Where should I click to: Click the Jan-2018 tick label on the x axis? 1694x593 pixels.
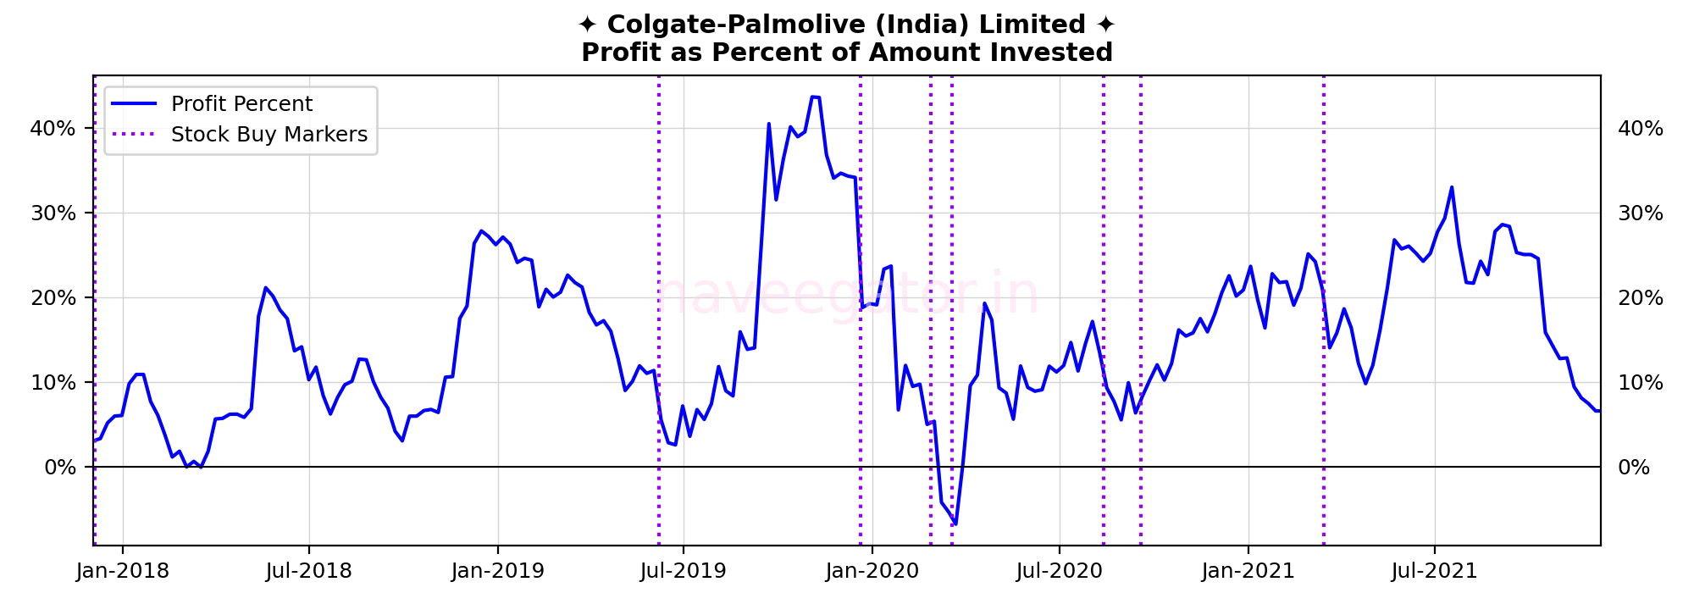click(x=122, y=571)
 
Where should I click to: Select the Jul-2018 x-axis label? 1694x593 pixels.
click(x=308, y=571)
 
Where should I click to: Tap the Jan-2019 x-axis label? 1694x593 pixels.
click(x=497, y=571)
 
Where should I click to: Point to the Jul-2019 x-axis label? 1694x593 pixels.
click(x=684, y=571)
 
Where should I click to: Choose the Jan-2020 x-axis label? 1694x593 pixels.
click(x=872, y=571)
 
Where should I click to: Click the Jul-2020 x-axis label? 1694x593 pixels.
click(x=1060, y=571)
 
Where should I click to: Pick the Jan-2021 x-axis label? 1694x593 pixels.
click(x=1248, y=571)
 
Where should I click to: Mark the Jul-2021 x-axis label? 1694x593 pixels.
click(x=1435, y=571)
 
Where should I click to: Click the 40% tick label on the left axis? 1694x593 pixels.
click(x=53, y=129)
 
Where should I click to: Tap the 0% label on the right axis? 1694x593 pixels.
click(x=1634, y=468)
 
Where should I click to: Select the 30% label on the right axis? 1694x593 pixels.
click(x=1641, y=213)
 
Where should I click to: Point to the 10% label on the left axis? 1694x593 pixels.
click(x=53, y=383)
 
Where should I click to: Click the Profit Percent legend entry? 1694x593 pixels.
click(x=241, y=104)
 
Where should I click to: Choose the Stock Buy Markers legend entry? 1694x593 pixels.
click(x=268, y=135)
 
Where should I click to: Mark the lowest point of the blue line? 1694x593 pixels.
click(x=955, y=524)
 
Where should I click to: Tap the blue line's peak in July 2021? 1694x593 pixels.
click(x=1451, y=187)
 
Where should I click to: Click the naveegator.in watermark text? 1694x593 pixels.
click(x=847, y=295)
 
